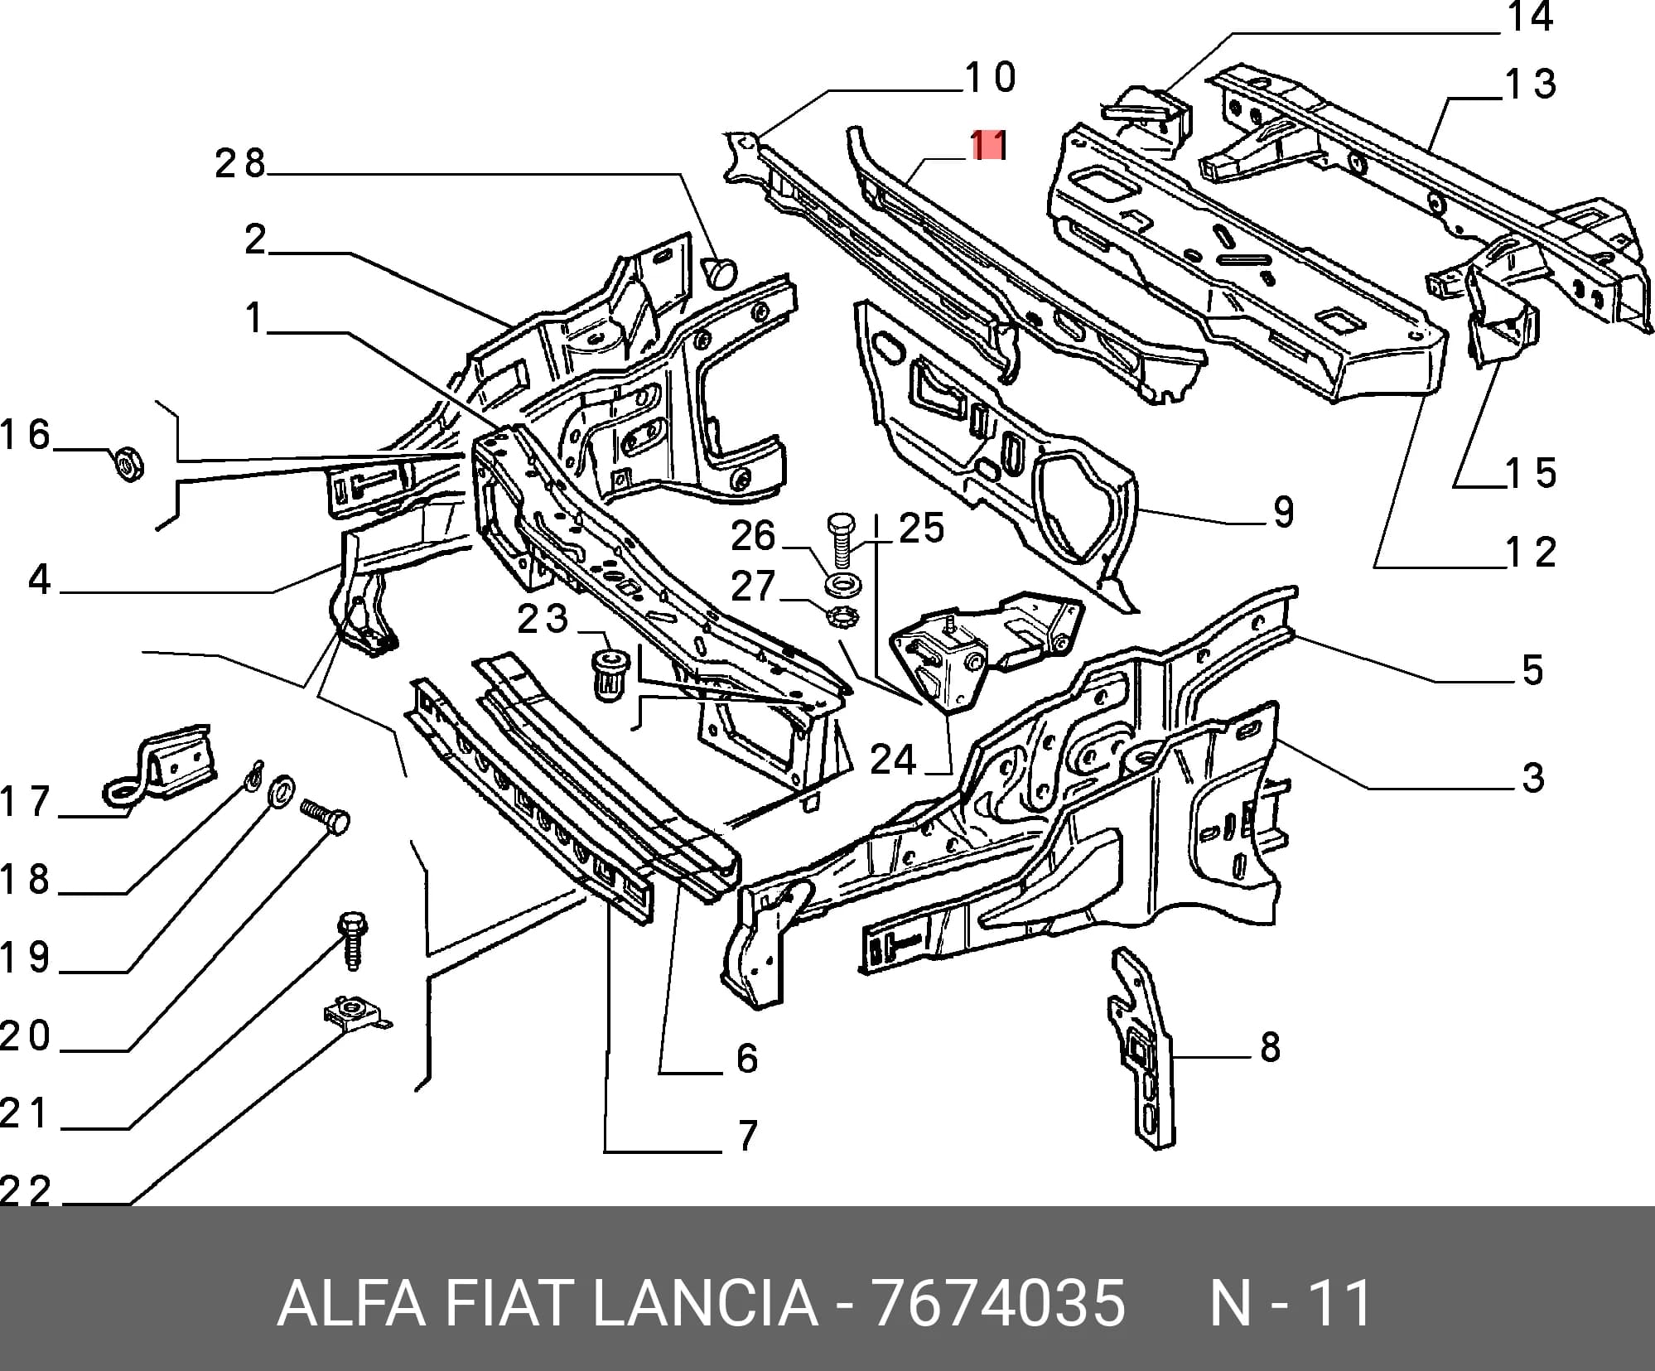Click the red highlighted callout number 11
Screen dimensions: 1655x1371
point(988,146)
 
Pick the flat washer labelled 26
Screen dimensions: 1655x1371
point(842,583)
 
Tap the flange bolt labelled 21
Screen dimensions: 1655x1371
point(353,940)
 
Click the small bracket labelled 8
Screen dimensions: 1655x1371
point(1141,1047)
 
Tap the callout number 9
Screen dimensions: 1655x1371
point(1283,512)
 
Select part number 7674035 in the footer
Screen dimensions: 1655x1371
point(999,1304)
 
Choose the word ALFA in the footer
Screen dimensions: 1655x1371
point(352,1304)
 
